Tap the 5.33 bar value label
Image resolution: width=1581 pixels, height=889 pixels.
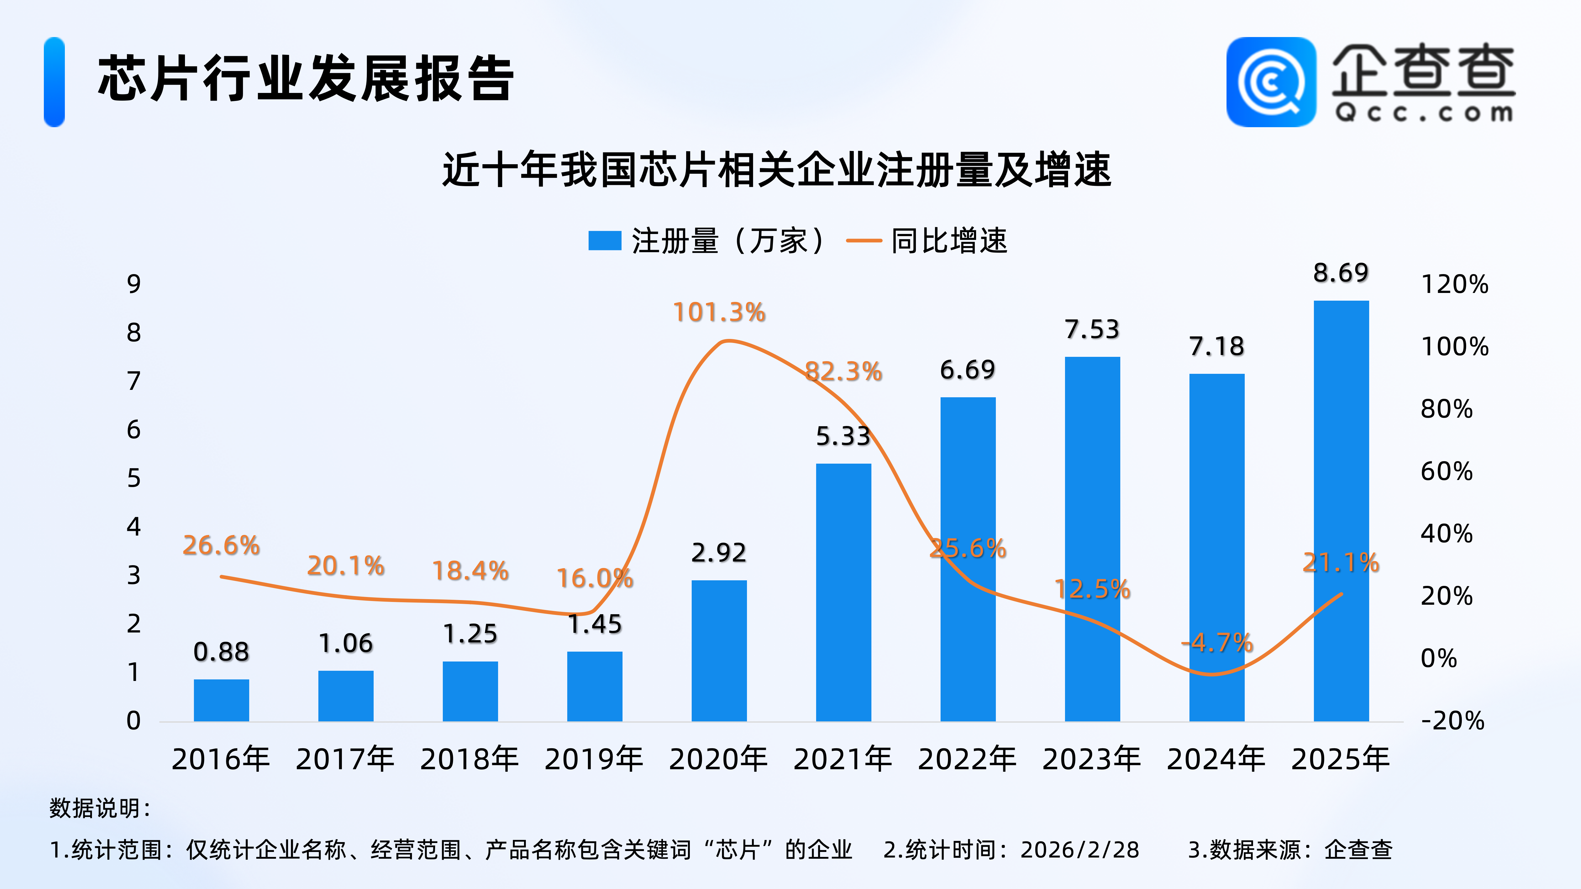843,436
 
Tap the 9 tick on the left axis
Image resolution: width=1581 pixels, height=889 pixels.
134,283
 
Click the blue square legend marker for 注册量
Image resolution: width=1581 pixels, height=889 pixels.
605,240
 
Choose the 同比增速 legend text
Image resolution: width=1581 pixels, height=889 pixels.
949,240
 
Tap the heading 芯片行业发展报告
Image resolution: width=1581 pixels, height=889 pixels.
306,78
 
